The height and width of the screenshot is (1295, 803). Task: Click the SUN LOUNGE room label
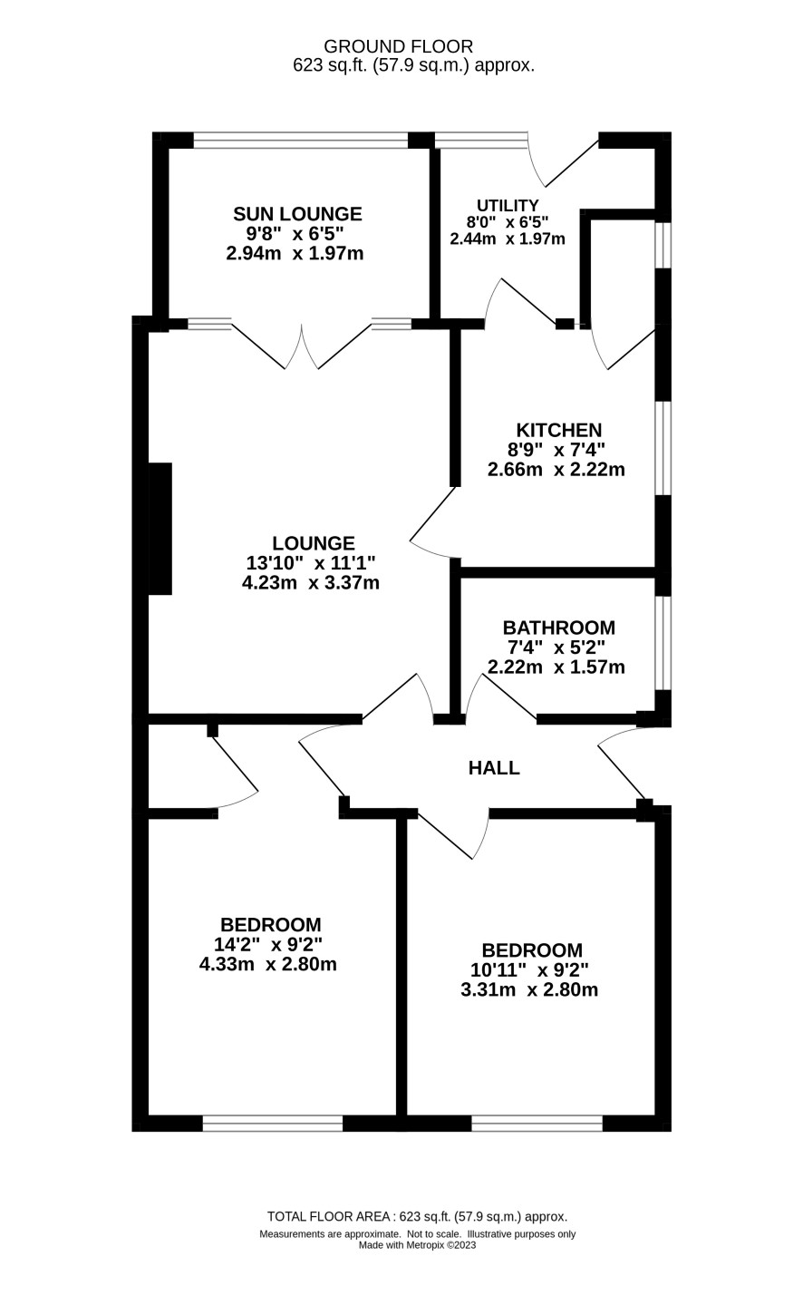point(297,214)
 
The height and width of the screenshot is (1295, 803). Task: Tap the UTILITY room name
point(508,206)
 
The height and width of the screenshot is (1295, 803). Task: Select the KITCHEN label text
point(558,430)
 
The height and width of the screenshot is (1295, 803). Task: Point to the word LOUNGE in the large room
point(314,543)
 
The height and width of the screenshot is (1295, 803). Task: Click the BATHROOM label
point(558,628)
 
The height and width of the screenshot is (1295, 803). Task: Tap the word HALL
point(494,768)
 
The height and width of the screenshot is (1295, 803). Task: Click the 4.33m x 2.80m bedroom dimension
point(267,964)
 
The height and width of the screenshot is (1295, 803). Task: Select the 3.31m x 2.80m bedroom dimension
point(529,989)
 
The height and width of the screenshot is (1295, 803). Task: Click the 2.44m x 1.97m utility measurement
point(508,239)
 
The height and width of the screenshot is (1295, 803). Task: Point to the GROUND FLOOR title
point(398,46)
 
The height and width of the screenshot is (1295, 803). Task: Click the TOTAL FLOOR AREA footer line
point(417,1217)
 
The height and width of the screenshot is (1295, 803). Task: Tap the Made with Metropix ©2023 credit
point(417,1245)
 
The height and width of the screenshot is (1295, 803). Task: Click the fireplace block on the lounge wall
point(160,529)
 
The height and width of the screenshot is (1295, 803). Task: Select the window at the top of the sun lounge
point(300,140)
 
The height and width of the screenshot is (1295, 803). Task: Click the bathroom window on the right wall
point(663,643)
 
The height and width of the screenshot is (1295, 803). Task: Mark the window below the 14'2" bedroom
point(272,1124)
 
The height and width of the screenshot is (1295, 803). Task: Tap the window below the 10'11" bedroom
point(537,1124)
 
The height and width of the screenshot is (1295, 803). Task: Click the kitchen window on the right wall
point(663,448)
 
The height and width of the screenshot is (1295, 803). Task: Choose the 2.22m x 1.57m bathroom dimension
point(556,667)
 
